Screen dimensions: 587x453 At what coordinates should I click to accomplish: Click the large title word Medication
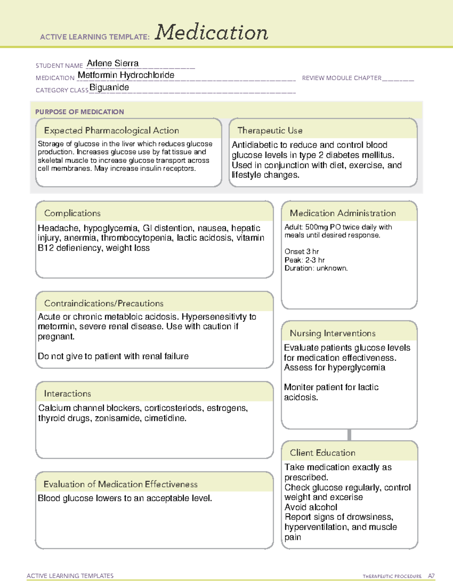tap(211, 33)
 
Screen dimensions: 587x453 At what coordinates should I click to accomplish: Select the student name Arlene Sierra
tap(112, 63)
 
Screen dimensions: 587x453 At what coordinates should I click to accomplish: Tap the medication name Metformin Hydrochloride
tap(126, 75)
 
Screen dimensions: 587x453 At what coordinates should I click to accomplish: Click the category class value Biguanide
tap(109, 88)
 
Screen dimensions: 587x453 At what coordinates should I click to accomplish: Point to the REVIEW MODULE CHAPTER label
tap(342, 78)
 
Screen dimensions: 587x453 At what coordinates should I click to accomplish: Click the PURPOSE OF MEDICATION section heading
tap(79, 112)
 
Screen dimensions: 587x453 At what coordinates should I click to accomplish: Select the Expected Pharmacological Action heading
tap(111, 130)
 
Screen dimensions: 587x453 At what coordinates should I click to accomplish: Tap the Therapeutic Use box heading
tap(270, 130)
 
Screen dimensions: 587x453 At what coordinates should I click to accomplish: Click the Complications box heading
tap(72, 213)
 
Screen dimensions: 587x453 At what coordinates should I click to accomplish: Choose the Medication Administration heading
tap(342, 213)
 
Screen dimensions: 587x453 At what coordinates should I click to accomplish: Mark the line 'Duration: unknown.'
tap(316, 268)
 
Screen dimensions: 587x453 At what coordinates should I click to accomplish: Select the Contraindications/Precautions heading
tap(103, 304)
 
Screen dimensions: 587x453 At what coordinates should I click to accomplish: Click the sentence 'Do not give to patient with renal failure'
tap(113, 356)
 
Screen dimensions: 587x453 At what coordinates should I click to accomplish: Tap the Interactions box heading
tap(67, 394)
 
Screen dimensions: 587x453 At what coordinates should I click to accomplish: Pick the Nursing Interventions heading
tap(332, 333)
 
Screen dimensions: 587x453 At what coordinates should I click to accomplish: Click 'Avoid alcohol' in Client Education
tap(311, 507)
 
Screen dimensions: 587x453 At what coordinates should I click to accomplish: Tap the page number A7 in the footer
tap(431, 576)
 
